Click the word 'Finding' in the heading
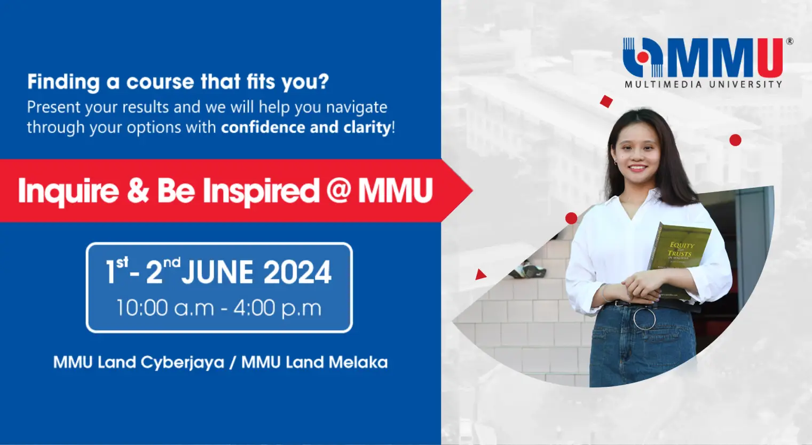64,82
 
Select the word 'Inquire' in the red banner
68,191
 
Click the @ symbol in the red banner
338,190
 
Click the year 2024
297,273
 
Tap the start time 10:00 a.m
165,308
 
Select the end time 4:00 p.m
278,308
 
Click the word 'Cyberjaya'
183,363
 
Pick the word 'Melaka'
358,362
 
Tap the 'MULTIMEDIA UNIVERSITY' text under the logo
703,84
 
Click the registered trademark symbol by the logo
790,41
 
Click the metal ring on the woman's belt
644,319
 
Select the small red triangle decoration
480,275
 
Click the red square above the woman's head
606,101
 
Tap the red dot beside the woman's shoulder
571,218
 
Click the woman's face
635,154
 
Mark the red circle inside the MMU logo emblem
643,57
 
